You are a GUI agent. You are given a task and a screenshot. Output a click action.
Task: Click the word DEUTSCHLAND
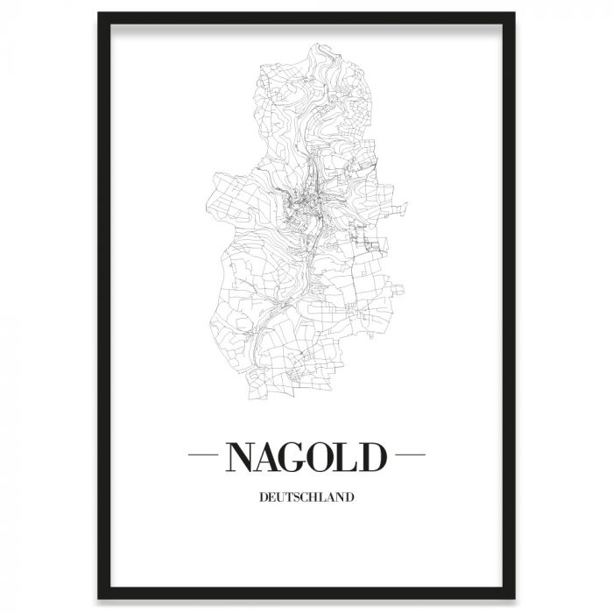click(x=306, y=499)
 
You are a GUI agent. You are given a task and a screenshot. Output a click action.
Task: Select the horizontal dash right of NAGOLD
click(x=408, y=456)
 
